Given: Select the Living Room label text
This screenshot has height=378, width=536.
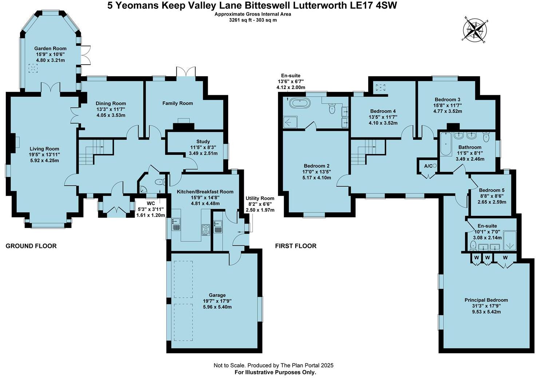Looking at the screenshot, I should click(44, 149).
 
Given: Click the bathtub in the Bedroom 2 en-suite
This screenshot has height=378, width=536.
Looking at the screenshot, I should click(300, 104).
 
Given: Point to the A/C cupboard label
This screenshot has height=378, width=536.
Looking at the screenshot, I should click(428, 166).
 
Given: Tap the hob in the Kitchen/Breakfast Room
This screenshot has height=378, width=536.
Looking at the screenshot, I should click(206, 229).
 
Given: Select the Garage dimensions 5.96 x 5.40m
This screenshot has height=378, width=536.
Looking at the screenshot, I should click(217, 307).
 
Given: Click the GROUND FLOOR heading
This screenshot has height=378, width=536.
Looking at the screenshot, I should click(31, 246).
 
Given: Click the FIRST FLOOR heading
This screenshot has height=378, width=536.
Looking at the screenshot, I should click(295, 246).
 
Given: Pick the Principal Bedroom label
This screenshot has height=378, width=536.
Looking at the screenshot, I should click(486, 300).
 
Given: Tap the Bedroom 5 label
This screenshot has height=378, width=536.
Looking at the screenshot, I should click(492, 190).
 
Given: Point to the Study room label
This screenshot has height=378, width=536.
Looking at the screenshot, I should click(203, 141).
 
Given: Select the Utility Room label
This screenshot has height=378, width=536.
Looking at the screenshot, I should click(260, 198).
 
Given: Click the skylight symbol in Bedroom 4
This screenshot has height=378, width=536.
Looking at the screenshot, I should click(381, 87).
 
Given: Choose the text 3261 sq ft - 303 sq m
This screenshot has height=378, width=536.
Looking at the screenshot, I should click(253, 20).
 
